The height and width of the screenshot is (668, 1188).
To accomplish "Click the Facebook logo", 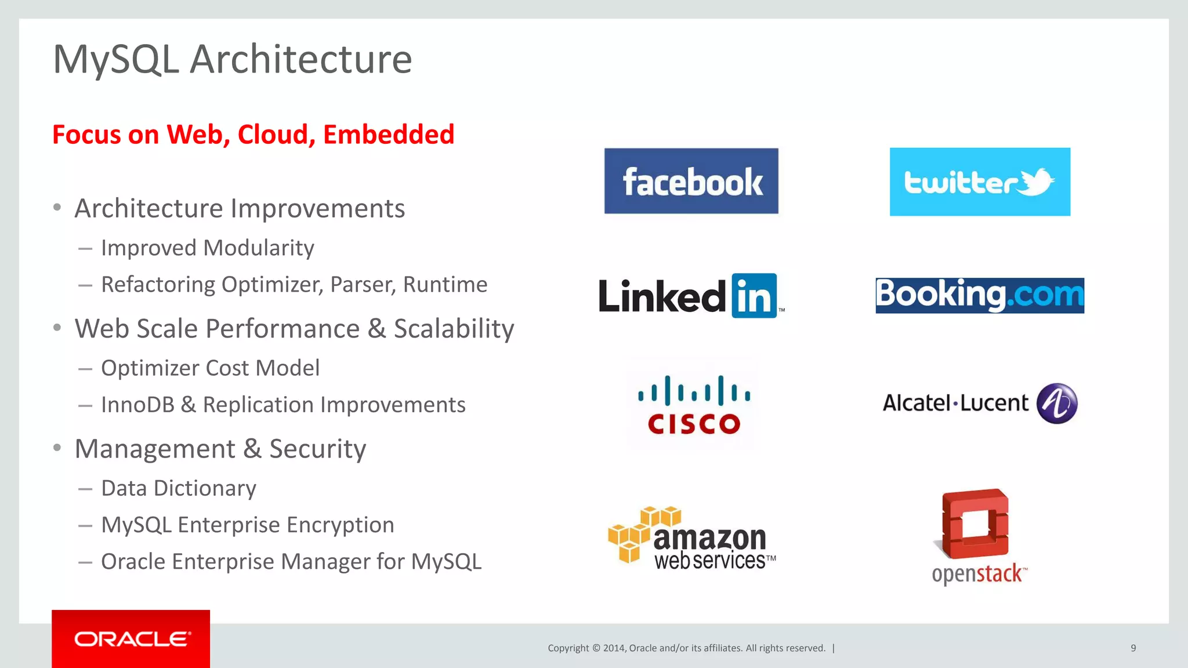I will tap(691, 181).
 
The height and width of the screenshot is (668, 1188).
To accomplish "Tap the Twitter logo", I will tap(980, 181).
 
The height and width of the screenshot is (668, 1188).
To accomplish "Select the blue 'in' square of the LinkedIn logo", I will tap(754, 296).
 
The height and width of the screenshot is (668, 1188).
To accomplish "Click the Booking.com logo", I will tap(980, 295).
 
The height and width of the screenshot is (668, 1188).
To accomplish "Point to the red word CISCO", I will tap(694, 424).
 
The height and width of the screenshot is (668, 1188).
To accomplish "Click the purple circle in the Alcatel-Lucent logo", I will tap(1057, 403).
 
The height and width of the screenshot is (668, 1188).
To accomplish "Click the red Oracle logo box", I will tap(131, 638).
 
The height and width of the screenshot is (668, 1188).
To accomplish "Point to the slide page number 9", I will tap(1133, 648).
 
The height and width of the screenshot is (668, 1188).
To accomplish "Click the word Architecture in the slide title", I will tap(300, 59).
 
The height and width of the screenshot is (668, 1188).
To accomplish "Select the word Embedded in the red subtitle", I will tap(389, 135).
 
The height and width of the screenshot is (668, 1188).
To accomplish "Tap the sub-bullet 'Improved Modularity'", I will tap(207, 248).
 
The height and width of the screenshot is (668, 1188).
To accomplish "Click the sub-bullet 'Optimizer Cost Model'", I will tap(210, 368).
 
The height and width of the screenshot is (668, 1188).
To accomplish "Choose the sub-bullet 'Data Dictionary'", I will tap(178, 488).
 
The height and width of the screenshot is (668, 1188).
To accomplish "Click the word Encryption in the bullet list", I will tap(340, 525).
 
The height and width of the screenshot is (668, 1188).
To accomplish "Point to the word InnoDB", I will tap(137, 405).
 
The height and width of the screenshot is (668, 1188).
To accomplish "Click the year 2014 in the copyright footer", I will tap(613, 648).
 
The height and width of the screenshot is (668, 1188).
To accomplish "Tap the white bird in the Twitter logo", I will tap(1037, 182).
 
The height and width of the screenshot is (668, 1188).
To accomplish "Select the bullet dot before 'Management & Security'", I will tap(57, 448).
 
